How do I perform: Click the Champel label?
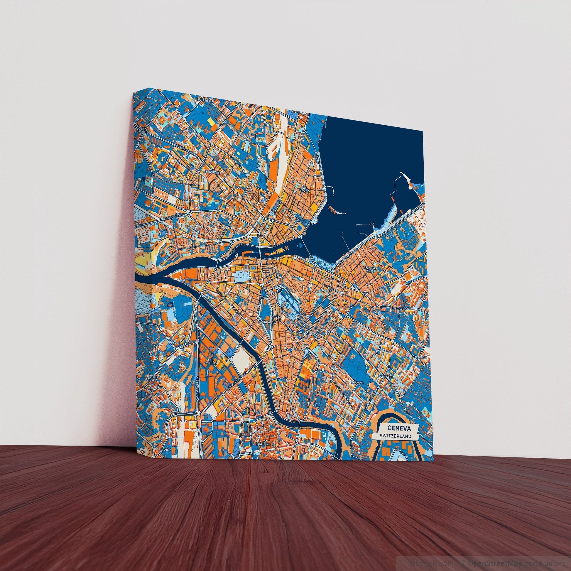pos(357,382)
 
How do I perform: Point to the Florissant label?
pos(384,377)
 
